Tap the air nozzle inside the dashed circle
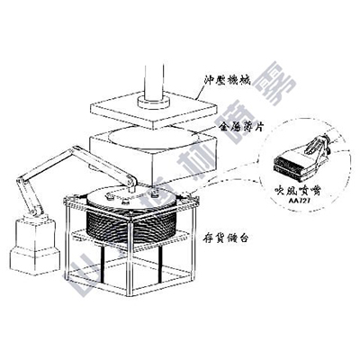coord(301,158)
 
